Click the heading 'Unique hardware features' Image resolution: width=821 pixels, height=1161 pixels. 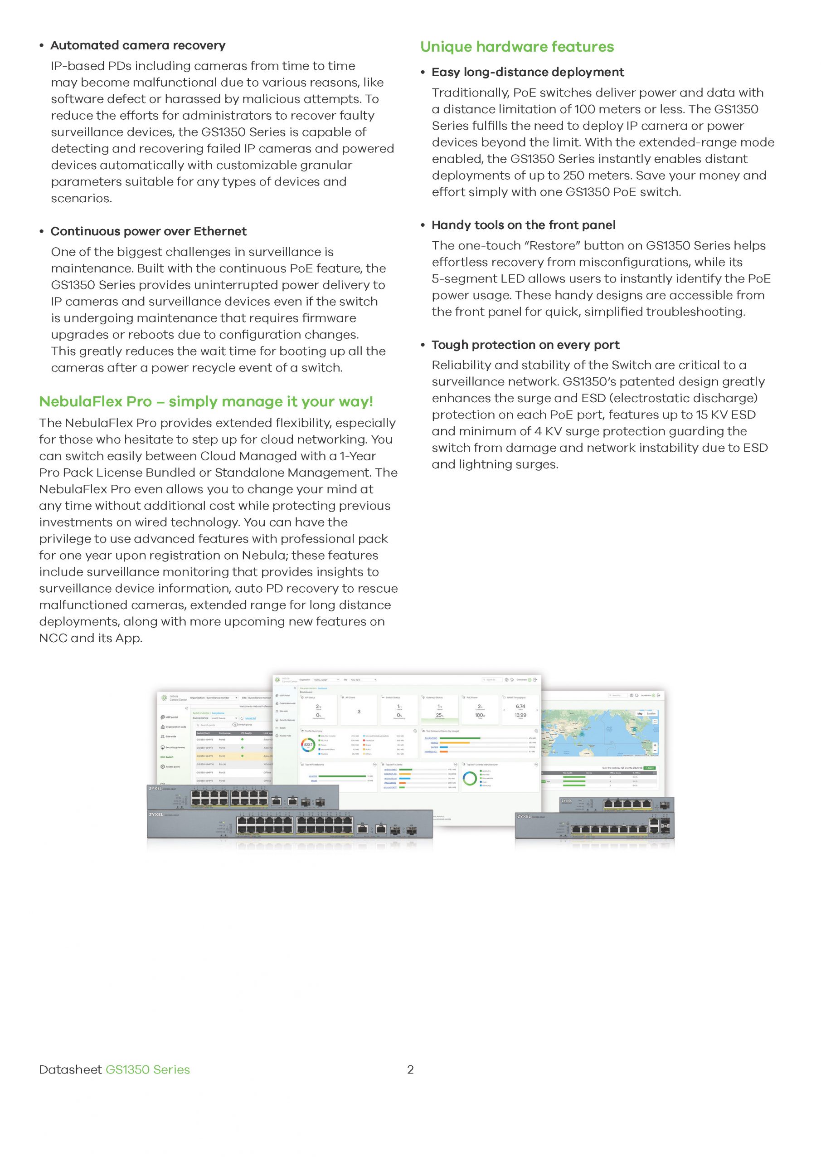pos(517,47)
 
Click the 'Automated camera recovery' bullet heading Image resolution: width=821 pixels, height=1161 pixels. pos(137,45)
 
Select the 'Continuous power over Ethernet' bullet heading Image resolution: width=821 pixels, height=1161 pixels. pos(148,231)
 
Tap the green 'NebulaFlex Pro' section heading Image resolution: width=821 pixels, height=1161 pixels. pos(206,401)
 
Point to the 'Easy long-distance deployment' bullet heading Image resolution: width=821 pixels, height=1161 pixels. pos(527,72)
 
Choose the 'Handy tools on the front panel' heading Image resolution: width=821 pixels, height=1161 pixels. pos(523,225)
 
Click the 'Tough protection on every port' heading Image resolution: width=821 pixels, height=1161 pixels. pos(525,345)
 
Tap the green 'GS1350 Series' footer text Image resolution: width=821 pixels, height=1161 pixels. pos(148,1069)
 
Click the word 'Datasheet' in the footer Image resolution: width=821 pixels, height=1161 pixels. pos(70,1069)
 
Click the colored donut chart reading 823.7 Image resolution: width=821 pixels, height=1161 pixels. pos(308,745)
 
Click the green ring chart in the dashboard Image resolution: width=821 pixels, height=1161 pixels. pos(470,778)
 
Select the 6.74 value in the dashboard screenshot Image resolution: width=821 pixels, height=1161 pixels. pos(520,707)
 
